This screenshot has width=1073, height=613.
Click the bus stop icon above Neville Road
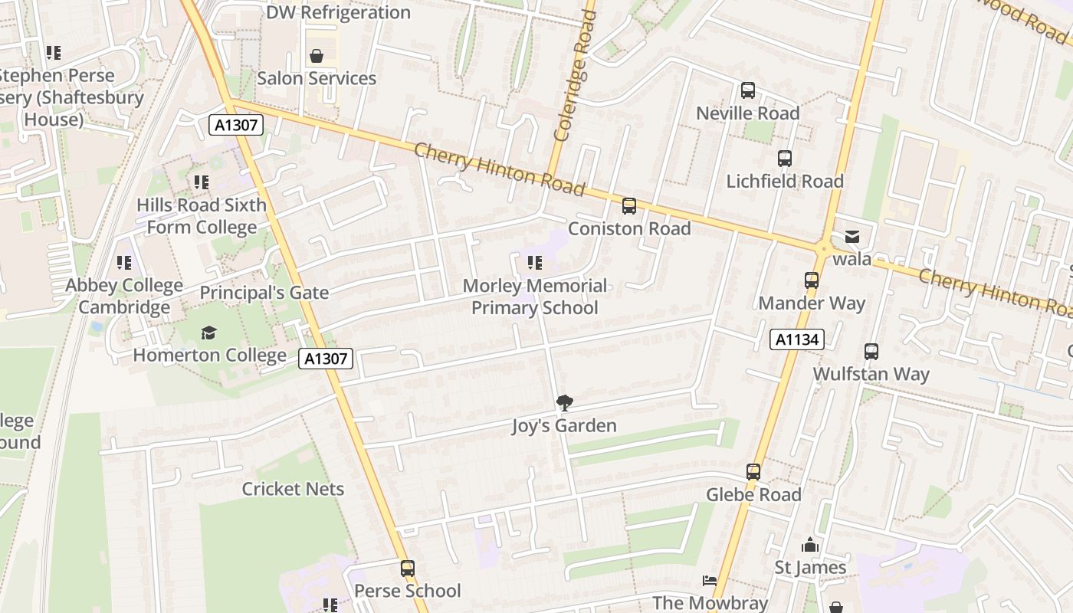point(747,90)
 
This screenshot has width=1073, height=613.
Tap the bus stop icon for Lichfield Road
point(784,159)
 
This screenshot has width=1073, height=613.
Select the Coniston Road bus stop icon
point(628,205)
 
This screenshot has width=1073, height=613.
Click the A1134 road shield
point(797,339)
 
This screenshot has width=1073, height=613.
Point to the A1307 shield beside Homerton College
point(326,358)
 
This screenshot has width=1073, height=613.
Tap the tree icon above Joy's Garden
point(564,402)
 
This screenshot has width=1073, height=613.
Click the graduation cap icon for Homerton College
point(208,333)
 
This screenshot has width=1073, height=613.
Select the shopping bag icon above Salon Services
point(316,56)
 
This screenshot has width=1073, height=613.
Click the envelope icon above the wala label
point(852,237)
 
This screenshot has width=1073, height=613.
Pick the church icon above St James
point(810,546)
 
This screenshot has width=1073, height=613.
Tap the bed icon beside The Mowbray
point(710,581)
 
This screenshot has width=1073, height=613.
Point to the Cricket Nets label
point(293,489)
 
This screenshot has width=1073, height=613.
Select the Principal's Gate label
point(264,293)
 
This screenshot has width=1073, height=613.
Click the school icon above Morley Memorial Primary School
point(534,264)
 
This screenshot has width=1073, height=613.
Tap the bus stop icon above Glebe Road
point(753,472)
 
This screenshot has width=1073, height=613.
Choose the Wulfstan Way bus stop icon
point(871,352)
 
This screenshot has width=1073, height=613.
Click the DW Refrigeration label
point(338,12)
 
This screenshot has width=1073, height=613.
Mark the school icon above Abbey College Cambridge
point(124,263)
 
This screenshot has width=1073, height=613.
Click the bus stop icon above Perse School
point(407,569)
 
